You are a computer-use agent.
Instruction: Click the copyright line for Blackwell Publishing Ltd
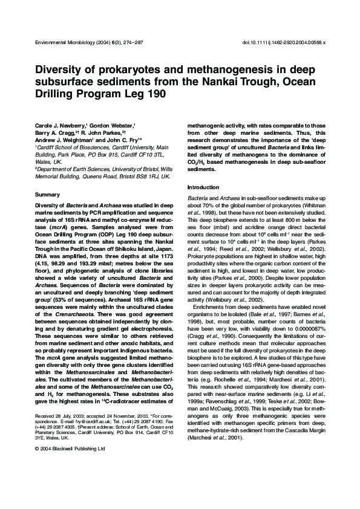click(70, 449)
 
